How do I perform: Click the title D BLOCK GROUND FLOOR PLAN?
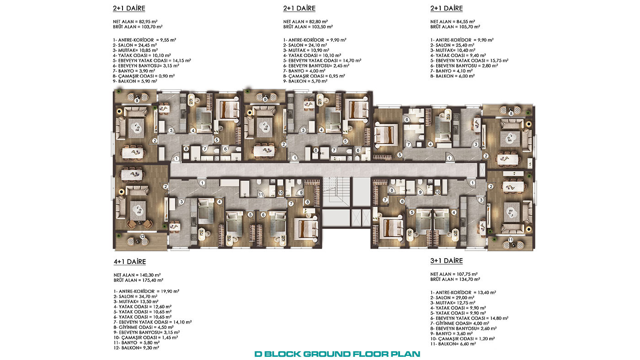coord(337,354)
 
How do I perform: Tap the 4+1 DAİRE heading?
coord(130,261)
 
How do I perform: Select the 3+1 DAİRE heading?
coord(446,261)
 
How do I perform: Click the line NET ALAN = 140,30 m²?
coord(137,275)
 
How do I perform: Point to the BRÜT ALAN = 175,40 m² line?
coord(138,280)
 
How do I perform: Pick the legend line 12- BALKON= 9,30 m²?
coord(136,348)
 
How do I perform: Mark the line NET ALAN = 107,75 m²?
coord(454,274)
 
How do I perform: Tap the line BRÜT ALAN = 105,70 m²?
coord(455,27)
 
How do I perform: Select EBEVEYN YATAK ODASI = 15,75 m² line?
coord(469,60)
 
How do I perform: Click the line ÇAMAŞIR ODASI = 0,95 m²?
coord(314,76)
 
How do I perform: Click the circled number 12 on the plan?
coord(142,236)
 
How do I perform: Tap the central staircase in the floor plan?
coord(336,191)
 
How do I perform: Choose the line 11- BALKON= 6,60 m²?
coord(453,344)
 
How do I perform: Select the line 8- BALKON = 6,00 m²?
coord(453,76)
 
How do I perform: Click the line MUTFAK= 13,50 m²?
coord(136,302)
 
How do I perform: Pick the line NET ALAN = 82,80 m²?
coord(305,21)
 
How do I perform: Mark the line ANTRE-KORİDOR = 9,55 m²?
coord(144,40)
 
